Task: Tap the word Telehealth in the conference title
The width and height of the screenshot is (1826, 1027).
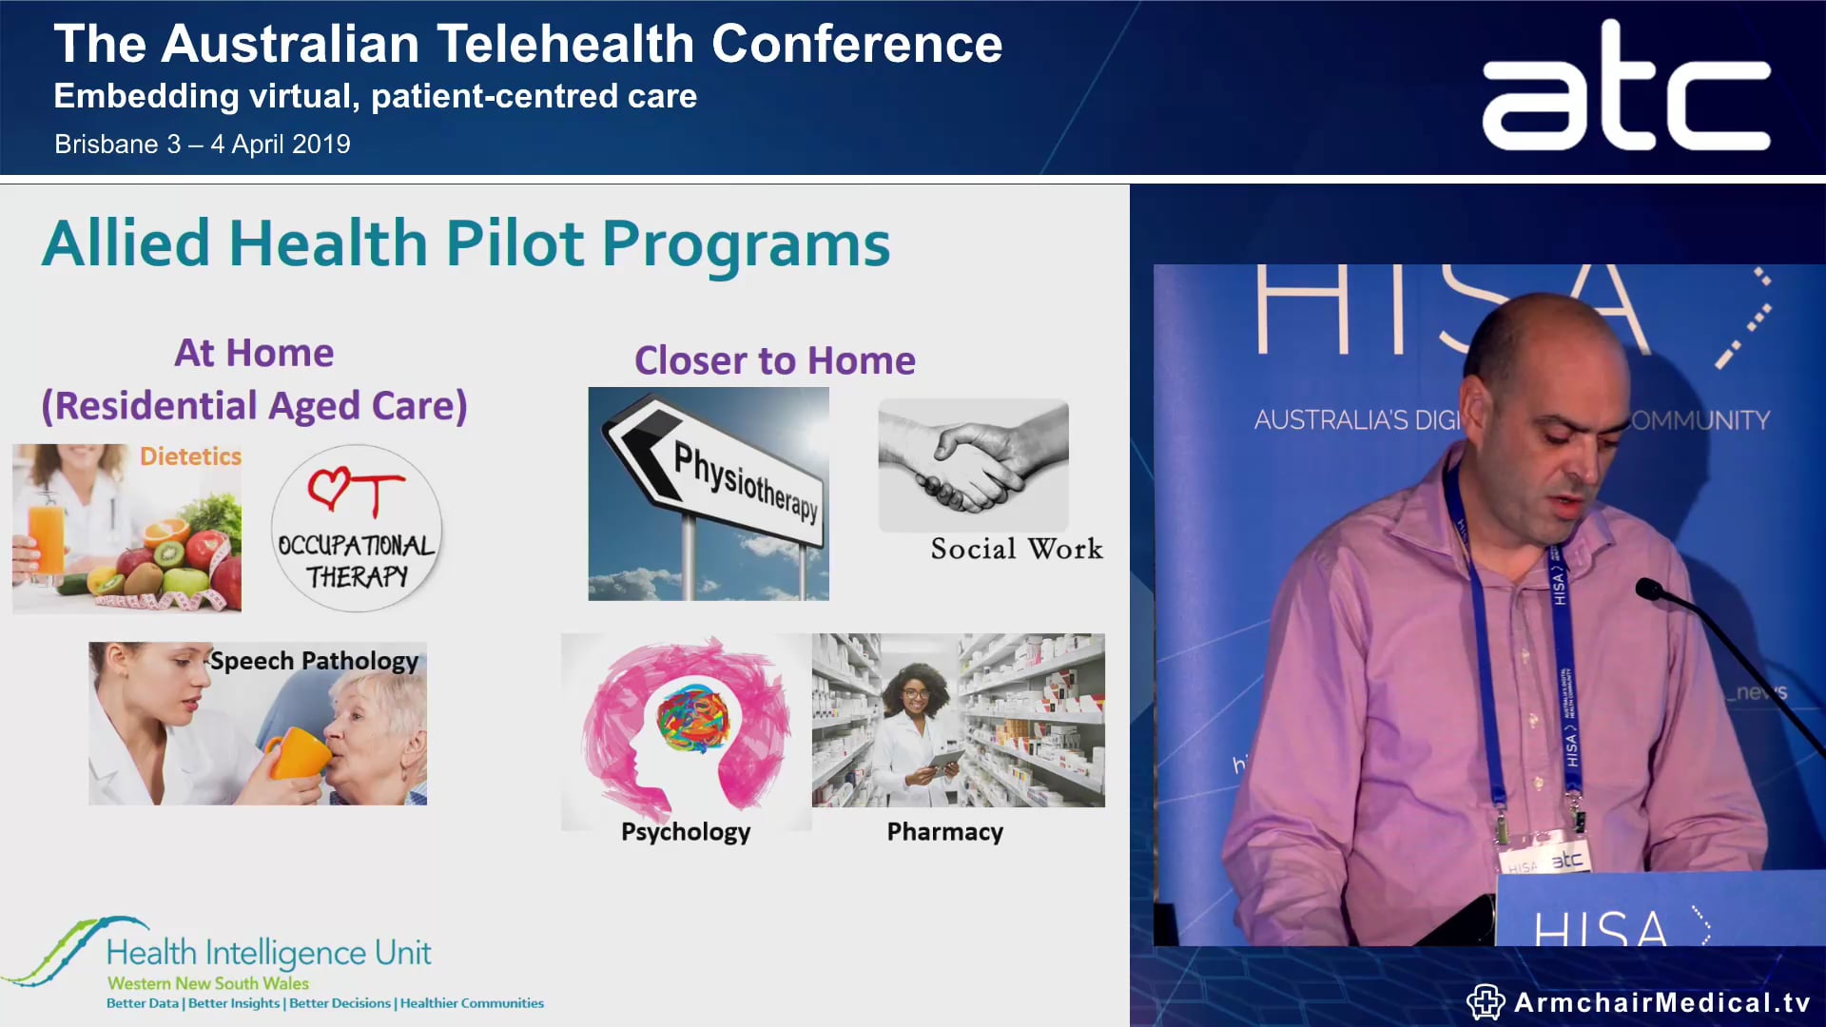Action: (x=565, y=45)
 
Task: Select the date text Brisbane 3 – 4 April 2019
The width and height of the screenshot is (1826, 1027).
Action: (x=203, y=145)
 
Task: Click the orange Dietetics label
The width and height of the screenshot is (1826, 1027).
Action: (x=190, y=456)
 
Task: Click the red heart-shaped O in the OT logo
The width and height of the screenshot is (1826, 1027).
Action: (x=329, y=487)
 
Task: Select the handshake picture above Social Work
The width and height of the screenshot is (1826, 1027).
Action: (x=973, y=465)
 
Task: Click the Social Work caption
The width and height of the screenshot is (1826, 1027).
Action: (x=1017, y=549)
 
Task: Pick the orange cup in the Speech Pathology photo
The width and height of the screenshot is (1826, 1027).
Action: (x=297, y=754)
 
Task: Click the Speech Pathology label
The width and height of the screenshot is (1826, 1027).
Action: (x=314, y=661)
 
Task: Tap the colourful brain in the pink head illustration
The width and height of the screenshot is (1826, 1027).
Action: (x=693, y=718)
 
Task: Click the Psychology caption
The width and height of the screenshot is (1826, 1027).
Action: (x=686, y=832)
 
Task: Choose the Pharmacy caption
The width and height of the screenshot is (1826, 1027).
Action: (x=944, y=832)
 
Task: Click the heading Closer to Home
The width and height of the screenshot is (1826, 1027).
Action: (x=774, y=361)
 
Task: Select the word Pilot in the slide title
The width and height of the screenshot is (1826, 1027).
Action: (x=515, y=244)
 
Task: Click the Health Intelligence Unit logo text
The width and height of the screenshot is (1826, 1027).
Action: (x=268, y=953)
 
